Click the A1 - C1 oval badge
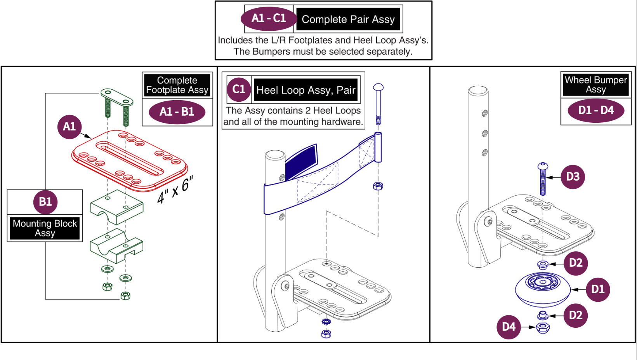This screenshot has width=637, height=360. pos(269,19)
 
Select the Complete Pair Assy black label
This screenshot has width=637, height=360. pos(348,19)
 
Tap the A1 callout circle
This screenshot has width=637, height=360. pos(69,127)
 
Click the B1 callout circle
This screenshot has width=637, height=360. pos(45,202)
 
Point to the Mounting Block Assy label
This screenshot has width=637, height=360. pos(45,228)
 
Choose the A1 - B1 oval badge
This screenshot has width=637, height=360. pos(177,112)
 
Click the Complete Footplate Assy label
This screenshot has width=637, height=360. pos(177,85)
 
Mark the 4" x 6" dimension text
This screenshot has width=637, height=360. pos(175,189)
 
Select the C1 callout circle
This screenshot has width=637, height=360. pos(239,89)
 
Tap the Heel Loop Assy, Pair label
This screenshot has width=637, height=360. pos(306,90)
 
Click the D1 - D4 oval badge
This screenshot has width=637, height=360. pos(596,110)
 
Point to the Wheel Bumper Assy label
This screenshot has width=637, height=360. pos(596,85)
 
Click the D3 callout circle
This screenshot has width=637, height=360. pos(573,177)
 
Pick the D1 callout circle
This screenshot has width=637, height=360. pos(598,289)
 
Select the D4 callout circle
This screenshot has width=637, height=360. pos(509,327)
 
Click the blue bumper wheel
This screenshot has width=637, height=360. pos(543,290)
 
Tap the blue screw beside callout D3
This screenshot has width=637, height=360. pos(543,179)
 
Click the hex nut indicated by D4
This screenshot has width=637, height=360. pos(543,328)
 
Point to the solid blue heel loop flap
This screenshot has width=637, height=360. pos(301,162)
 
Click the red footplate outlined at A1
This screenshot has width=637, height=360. pos(129,160)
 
